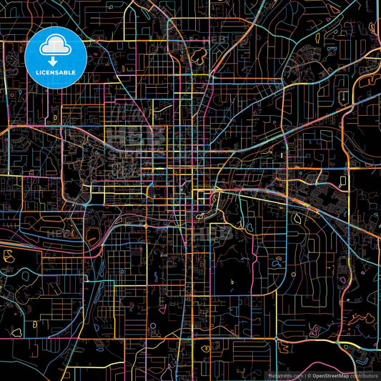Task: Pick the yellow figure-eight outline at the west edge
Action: (9, 254)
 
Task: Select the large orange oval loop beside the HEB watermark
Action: (92, 232)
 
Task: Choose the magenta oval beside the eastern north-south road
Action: (279, 263)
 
